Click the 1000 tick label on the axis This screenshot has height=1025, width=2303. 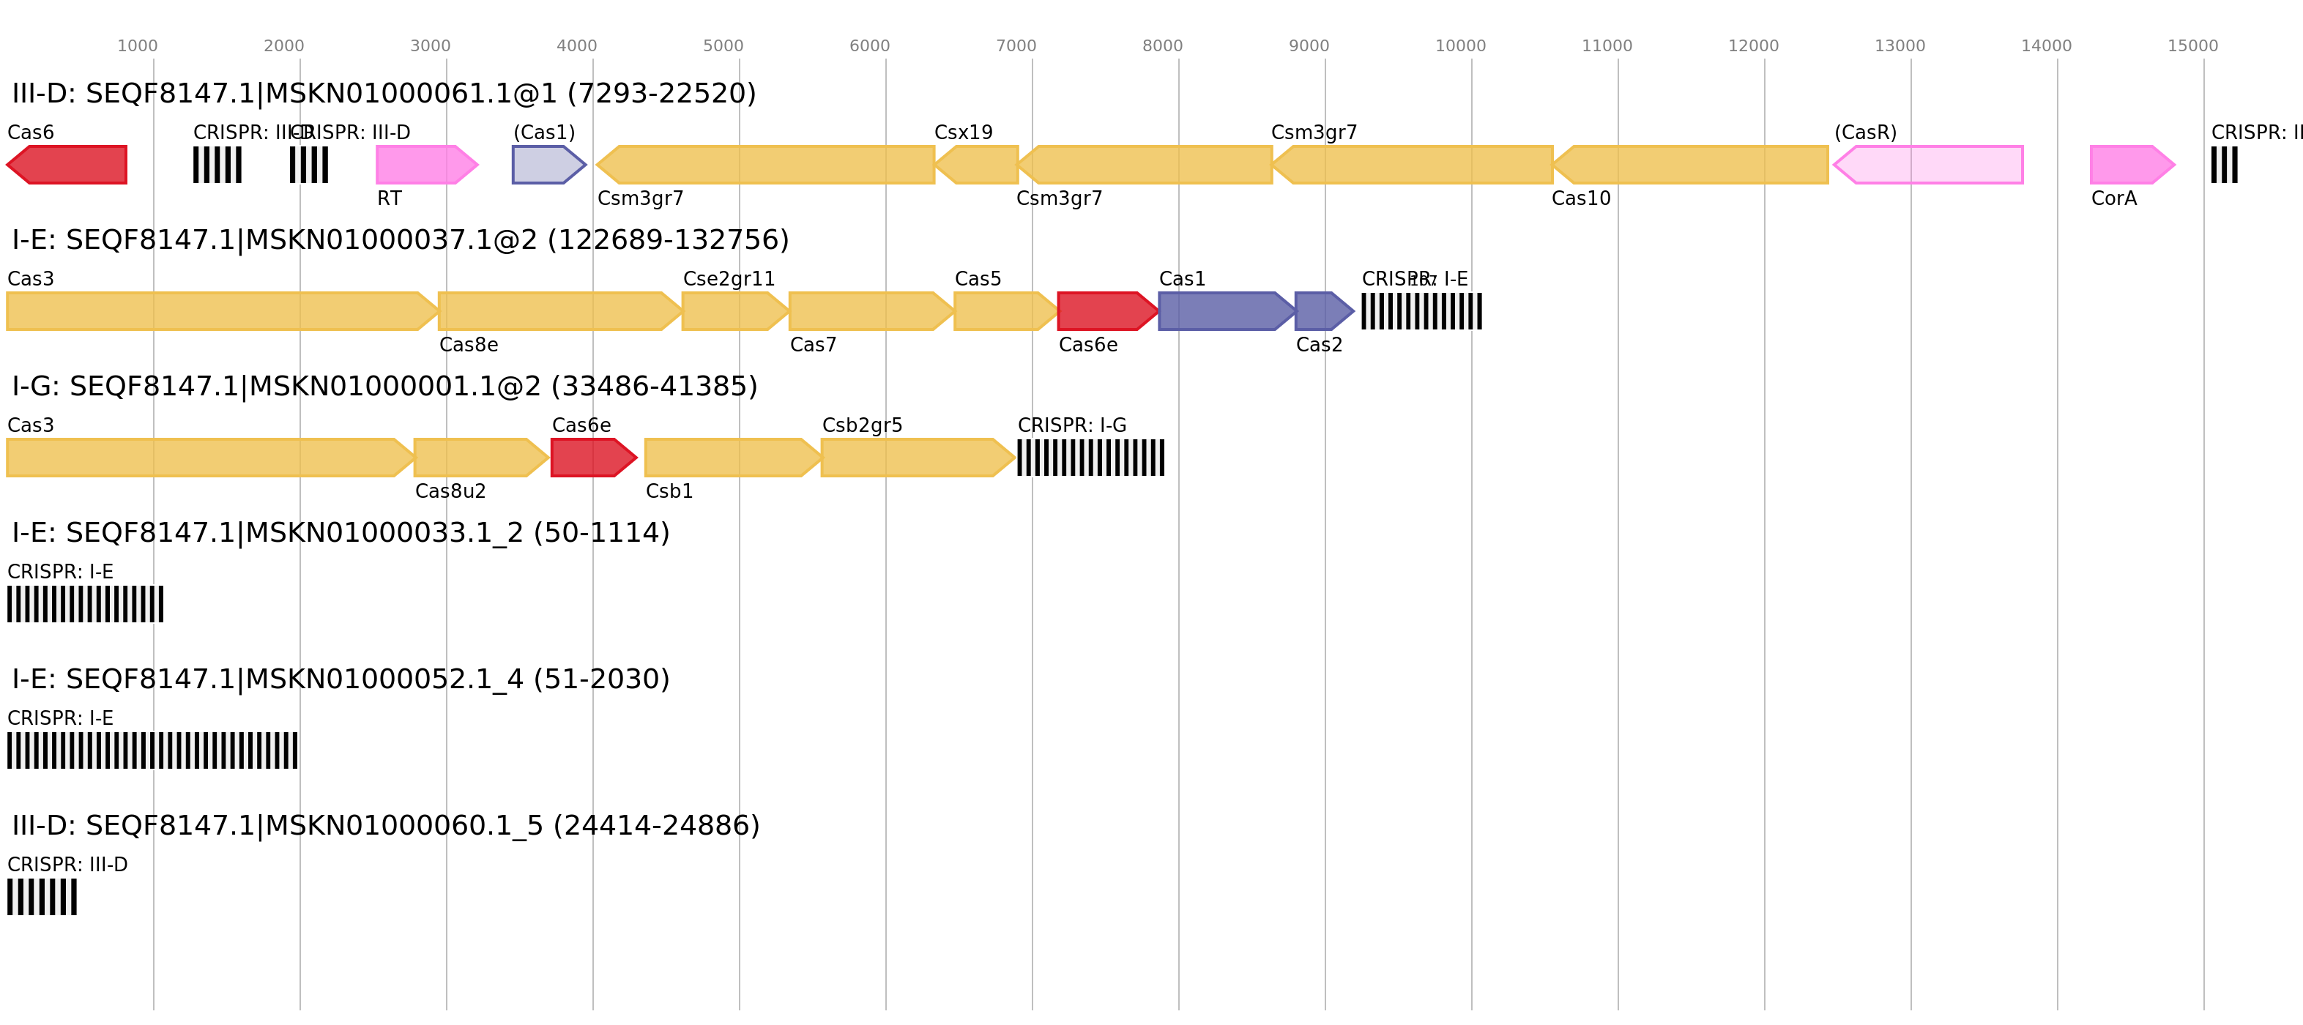(137, 45)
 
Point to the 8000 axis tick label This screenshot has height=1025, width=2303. (1162, 45)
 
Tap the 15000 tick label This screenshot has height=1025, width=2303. (2192, 45)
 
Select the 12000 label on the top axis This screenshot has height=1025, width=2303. (1753, 45)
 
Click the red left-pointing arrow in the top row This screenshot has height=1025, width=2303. (67, 165)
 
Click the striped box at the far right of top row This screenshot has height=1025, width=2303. (2225, 165)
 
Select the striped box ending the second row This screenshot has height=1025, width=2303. (1421, 311)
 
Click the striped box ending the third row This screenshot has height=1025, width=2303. (1090, 458)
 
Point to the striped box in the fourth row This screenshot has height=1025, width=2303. (85, 604)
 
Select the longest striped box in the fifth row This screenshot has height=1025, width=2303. (152, 750)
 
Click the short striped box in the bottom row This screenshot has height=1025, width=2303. (42, 897)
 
